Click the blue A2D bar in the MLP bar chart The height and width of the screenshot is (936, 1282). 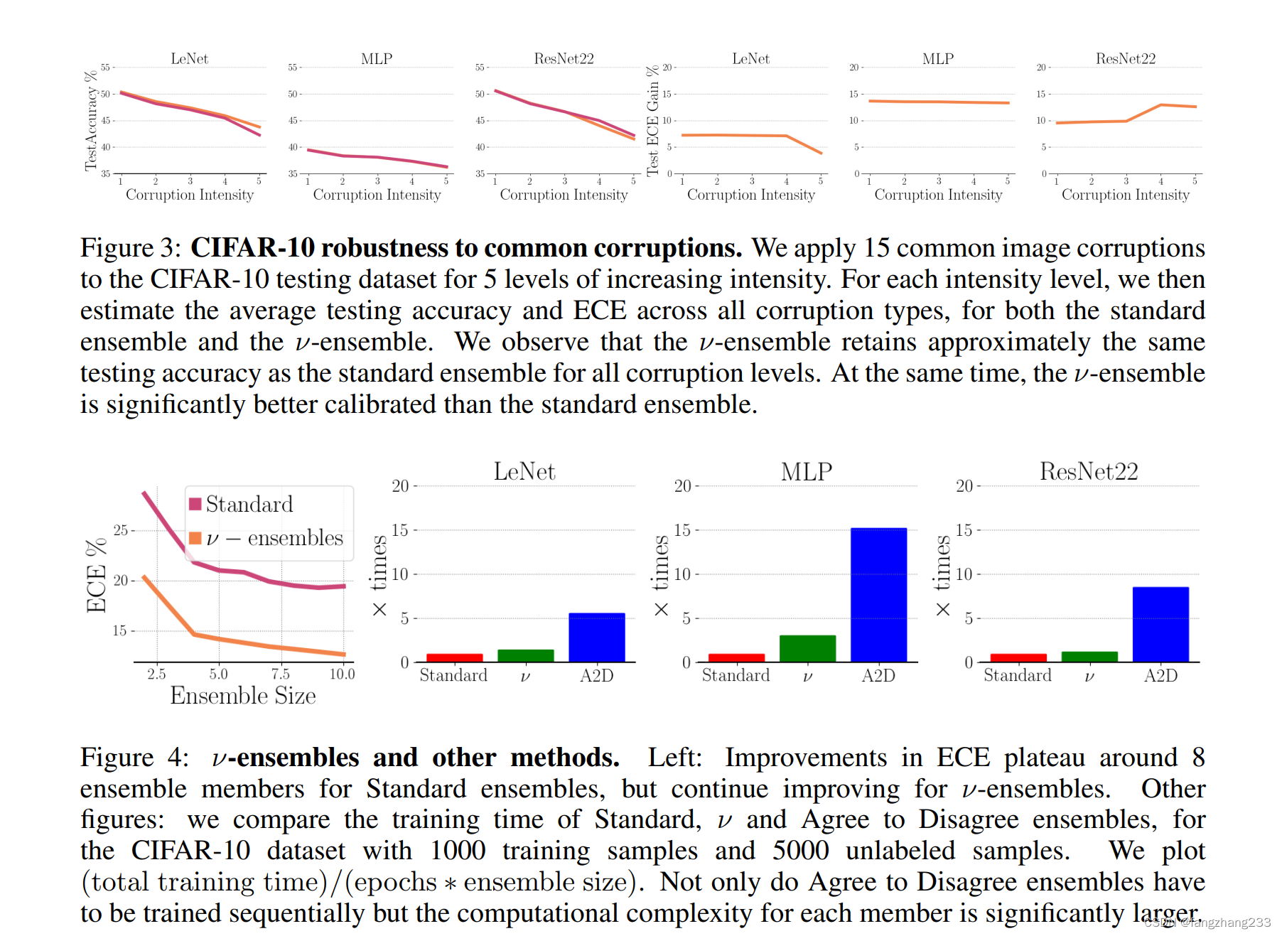click(878, 595)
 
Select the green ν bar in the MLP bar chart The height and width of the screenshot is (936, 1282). click(807, 648)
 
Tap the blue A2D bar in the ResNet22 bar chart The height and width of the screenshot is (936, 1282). click(1160, 624)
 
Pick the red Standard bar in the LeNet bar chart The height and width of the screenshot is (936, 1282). click(454, 657)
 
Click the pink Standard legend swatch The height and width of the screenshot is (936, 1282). click(195, 504)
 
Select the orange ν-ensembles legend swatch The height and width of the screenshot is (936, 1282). click(195, 538)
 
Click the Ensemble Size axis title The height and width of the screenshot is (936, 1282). click(242, 695)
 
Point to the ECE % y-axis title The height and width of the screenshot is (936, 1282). click(96, 576)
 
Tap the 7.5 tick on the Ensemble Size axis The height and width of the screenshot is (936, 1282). click(280, 674)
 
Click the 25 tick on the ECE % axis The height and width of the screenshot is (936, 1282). click(120, 530)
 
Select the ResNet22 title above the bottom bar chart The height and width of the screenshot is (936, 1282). click(1089, 472)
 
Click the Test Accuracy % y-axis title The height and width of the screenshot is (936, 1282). click(90, 121)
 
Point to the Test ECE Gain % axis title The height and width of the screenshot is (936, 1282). click(652, 121)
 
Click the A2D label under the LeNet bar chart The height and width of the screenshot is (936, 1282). click(596, 675)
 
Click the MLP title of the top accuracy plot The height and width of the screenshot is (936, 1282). click(377, 59)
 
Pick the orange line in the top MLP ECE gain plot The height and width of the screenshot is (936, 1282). click(938, 102)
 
